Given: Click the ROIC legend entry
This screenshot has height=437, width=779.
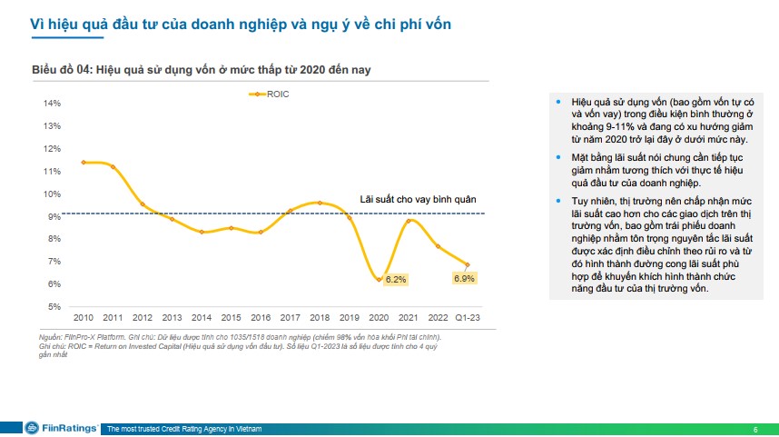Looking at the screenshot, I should click(269, 93).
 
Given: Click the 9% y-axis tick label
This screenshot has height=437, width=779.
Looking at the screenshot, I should click(54, 216).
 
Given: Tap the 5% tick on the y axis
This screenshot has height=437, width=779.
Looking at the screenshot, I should click(54, 306).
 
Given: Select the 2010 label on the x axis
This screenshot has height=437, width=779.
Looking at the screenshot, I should click(84, 317).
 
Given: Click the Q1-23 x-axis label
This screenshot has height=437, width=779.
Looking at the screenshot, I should click(468, 317).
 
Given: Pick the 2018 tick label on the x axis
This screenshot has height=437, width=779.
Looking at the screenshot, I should click(319, 317).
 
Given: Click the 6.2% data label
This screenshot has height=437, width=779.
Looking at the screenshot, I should click(395, 280).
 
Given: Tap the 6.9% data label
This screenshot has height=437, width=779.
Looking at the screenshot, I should click(464, 278).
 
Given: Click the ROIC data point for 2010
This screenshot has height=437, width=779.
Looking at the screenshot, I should click(84, 162).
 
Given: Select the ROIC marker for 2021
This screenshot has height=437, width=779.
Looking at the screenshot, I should click(409, 221).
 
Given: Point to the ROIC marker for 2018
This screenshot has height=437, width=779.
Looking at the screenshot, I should click(319, 203).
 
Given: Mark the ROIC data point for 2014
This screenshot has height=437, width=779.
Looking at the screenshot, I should click(202, 232).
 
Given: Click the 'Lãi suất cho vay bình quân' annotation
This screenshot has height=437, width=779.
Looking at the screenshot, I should click(418, 199).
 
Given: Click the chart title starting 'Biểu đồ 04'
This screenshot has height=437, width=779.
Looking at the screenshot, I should click(201, 69).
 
